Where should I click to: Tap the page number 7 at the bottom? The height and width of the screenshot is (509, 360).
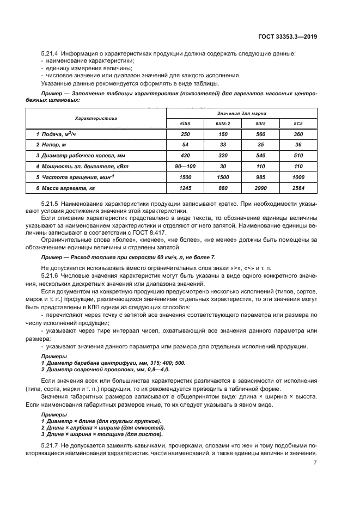coord(315,462)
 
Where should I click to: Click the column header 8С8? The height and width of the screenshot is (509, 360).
coord(298,124)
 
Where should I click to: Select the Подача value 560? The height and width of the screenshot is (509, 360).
coord(260,134)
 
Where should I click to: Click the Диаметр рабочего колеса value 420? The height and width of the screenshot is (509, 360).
coord(185,155)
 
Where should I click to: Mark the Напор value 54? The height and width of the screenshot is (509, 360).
coord(185,144)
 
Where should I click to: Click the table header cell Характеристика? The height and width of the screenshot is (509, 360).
coord(96,118)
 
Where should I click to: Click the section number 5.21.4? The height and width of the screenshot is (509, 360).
coord(50,53)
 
